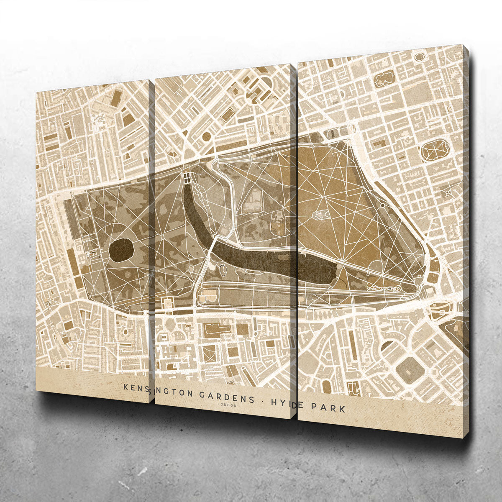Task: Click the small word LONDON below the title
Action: click(227, 405)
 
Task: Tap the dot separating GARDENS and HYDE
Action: click(262, 400)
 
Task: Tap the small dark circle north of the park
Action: click(206, 136)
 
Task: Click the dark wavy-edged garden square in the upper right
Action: click(384, 79)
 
